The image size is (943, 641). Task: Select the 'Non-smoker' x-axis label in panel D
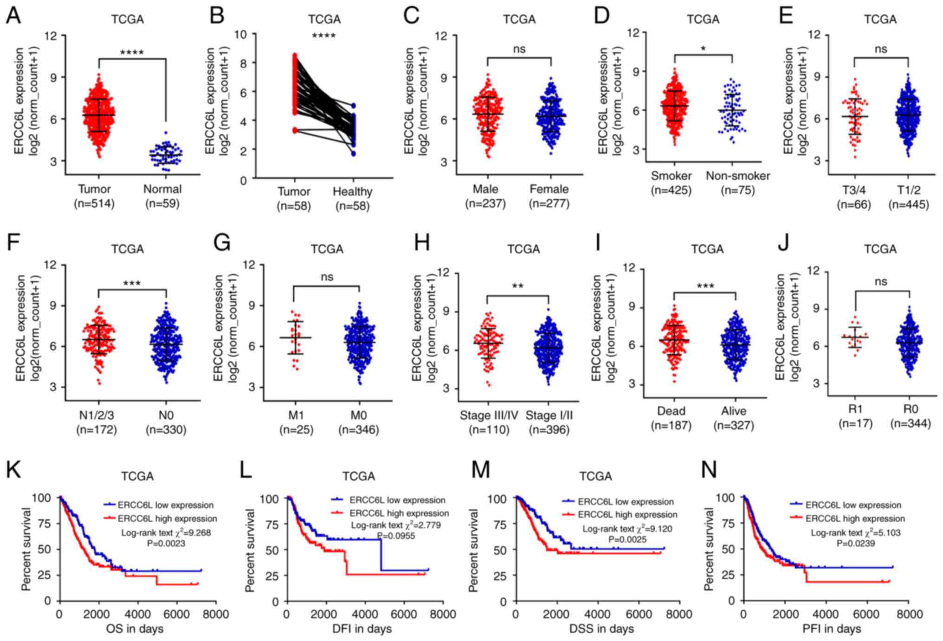[x=738, y=176]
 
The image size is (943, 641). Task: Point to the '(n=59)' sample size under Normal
[x=162, y=204]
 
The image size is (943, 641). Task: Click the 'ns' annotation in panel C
[x=519, y=49]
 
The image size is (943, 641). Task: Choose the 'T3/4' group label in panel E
[x=854, y=189]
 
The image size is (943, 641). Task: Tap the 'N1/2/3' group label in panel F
[x=97, y=414]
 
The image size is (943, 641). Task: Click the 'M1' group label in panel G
[x=296, y=414]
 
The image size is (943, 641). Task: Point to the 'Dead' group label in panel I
[x=671, y=411]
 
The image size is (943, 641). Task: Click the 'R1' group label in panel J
[x=855, y=409]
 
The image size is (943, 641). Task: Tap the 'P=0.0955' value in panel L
[x=396, y=536]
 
